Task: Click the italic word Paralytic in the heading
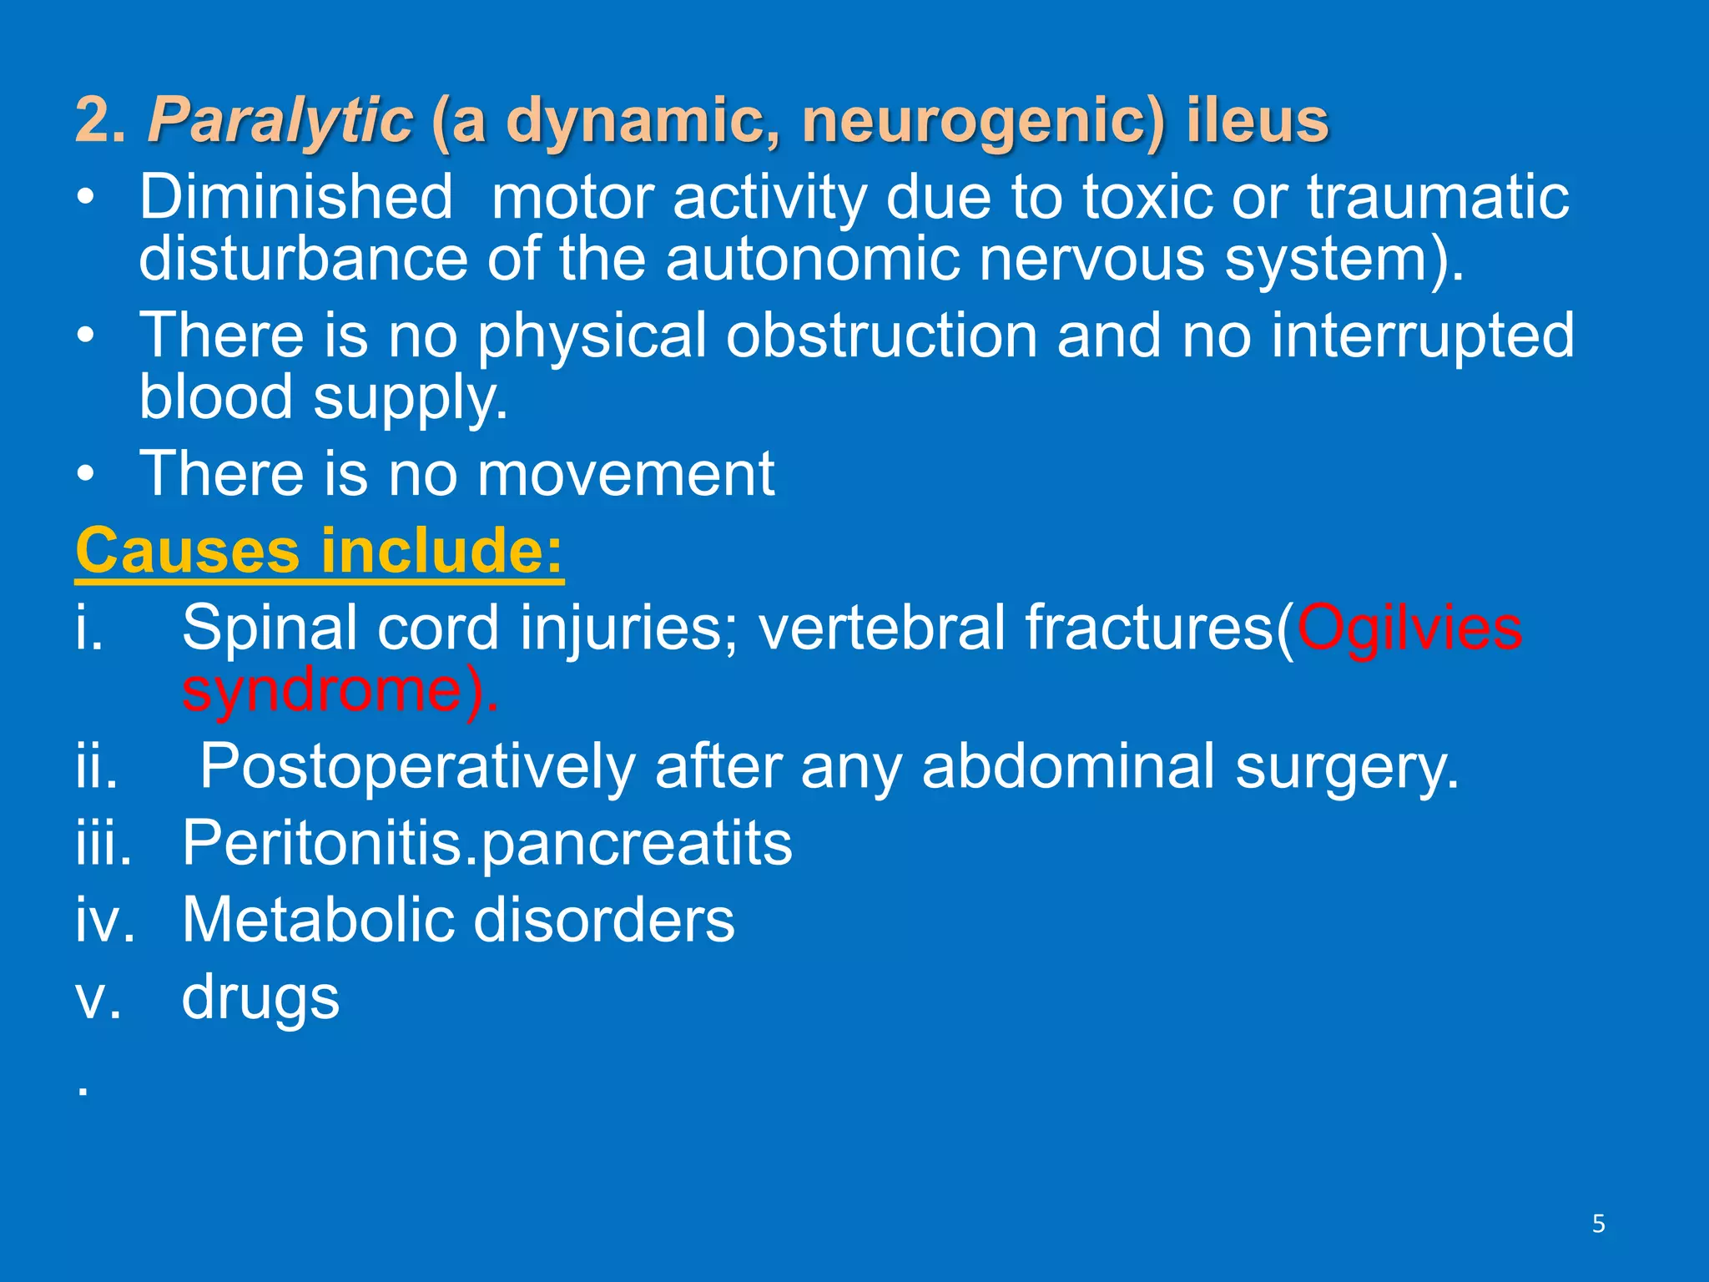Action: pos(280,120)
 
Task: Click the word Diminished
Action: pos(296,197)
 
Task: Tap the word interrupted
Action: pos(1423,336)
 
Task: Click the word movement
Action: pos(626,474)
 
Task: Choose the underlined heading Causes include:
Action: pos(320,551)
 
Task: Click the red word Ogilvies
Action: pos(1409,628)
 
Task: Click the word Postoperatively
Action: pos(417,766)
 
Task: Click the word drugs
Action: pos(261,997)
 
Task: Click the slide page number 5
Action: pos(1598,1224)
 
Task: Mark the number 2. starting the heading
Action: pos(101,120)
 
